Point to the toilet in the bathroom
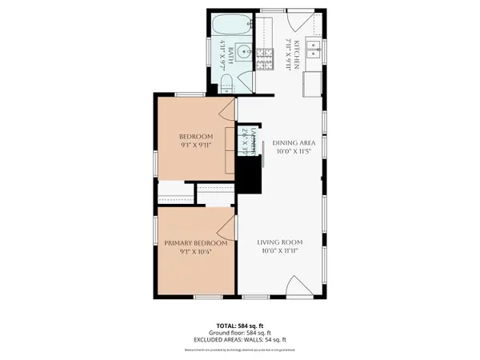tap(227, 81)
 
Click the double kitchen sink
tap(314, 54)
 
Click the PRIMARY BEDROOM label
tap(196, 243)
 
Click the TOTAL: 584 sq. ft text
tap(240, 326)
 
